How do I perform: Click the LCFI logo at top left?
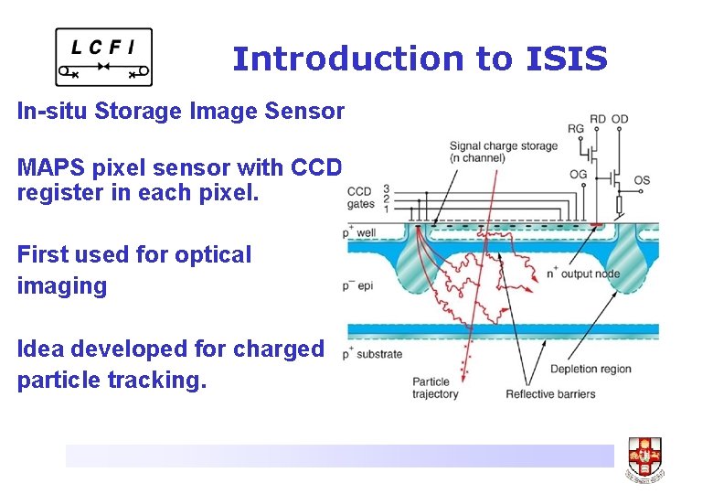pos(103,57)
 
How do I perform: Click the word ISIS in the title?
pos(567,59)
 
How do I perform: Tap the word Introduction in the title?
pos(347,59)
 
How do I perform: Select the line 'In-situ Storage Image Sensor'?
pos(181,112)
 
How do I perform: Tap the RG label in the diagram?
pos(575,129)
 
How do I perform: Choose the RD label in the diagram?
pos(598,118)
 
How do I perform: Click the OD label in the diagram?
pos(620,118)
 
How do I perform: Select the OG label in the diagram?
pos(578,175)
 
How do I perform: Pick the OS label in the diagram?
pos(642,180)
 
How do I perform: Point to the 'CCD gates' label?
pos(359,197)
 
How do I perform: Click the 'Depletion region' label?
pos(591,370)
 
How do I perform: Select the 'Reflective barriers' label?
pos(550,394)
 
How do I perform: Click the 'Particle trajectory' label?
pos(435,388)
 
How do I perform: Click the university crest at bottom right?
pos(644,458)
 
